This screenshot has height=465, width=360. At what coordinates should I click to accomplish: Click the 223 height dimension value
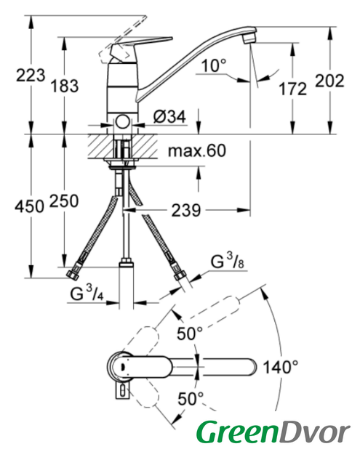pyautogui.click(x=31, y=75)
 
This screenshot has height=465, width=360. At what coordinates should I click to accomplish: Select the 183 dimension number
pyautogui.click(x=65, y=86)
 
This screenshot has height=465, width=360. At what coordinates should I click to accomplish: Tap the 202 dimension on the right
pyautogui.click(x=329, y=81)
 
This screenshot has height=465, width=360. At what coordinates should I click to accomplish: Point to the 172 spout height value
pyautogui.click(x=292, y=89)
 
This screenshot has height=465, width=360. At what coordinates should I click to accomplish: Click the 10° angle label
pyautogui.click(x=214, y=65)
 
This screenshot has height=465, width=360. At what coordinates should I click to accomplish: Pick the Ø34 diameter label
pyautogui.click(x=169, y=116)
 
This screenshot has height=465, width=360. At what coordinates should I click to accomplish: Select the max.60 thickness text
pyautogui.click(x=197, y=150)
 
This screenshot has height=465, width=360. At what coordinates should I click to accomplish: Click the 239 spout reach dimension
pyautogui.click(x=186, y=210)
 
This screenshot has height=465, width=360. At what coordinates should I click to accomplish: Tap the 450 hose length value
pyautogui.click(x=29, y=206)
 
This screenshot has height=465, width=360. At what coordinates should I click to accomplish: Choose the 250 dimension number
pyautogui.click(x=64, y=201)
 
